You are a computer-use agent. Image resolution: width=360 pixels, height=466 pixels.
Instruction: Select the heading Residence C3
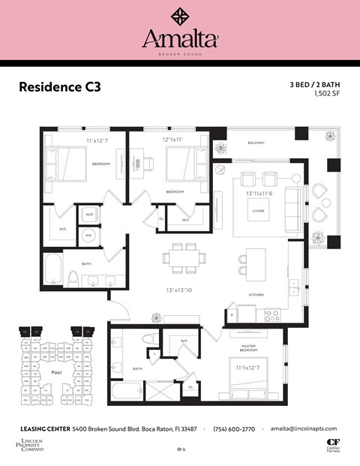click(x=58, y=87)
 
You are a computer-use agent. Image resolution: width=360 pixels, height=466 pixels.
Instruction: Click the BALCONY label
click(x=256, y=143)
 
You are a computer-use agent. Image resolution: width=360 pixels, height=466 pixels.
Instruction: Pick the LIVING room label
click(x=258, y=211)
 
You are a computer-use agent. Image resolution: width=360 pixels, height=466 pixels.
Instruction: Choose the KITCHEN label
click(x=256, y=295)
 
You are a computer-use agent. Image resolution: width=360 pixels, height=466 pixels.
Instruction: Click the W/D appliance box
click(x=89, y=214)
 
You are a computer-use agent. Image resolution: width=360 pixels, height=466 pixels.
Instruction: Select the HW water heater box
click(x=89, y=234)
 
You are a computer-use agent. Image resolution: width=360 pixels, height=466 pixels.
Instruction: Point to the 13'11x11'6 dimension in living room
click(x=258, y=194)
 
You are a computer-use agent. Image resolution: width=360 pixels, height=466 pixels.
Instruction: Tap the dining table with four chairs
click(x=184, y=257)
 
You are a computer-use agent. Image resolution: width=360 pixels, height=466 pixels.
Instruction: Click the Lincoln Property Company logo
click(x=30, y=444)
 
